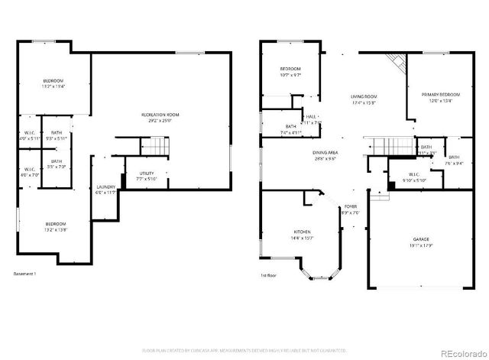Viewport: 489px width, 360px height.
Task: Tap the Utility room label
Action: coord(147,174)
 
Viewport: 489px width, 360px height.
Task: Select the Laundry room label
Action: coord(105,187)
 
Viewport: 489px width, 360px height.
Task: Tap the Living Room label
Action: coord(364,96)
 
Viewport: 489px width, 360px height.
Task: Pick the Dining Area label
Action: coord(325,153)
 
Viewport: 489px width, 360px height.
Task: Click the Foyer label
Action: coord(350,206)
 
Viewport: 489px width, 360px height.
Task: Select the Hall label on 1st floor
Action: coord(312,117)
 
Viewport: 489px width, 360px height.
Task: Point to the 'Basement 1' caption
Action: coord(26,274)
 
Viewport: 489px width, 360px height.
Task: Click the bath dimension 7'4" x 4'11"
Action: coord(291,132)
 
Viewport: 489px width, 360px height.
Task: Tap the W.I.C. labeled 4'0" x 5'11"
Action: coord(28,138)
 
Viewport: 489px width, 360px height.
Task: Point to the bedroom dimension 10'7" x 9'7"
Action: coord(290,75)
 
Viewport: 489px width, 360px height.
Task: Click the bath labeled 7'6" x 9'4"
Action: coord(454,163)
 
